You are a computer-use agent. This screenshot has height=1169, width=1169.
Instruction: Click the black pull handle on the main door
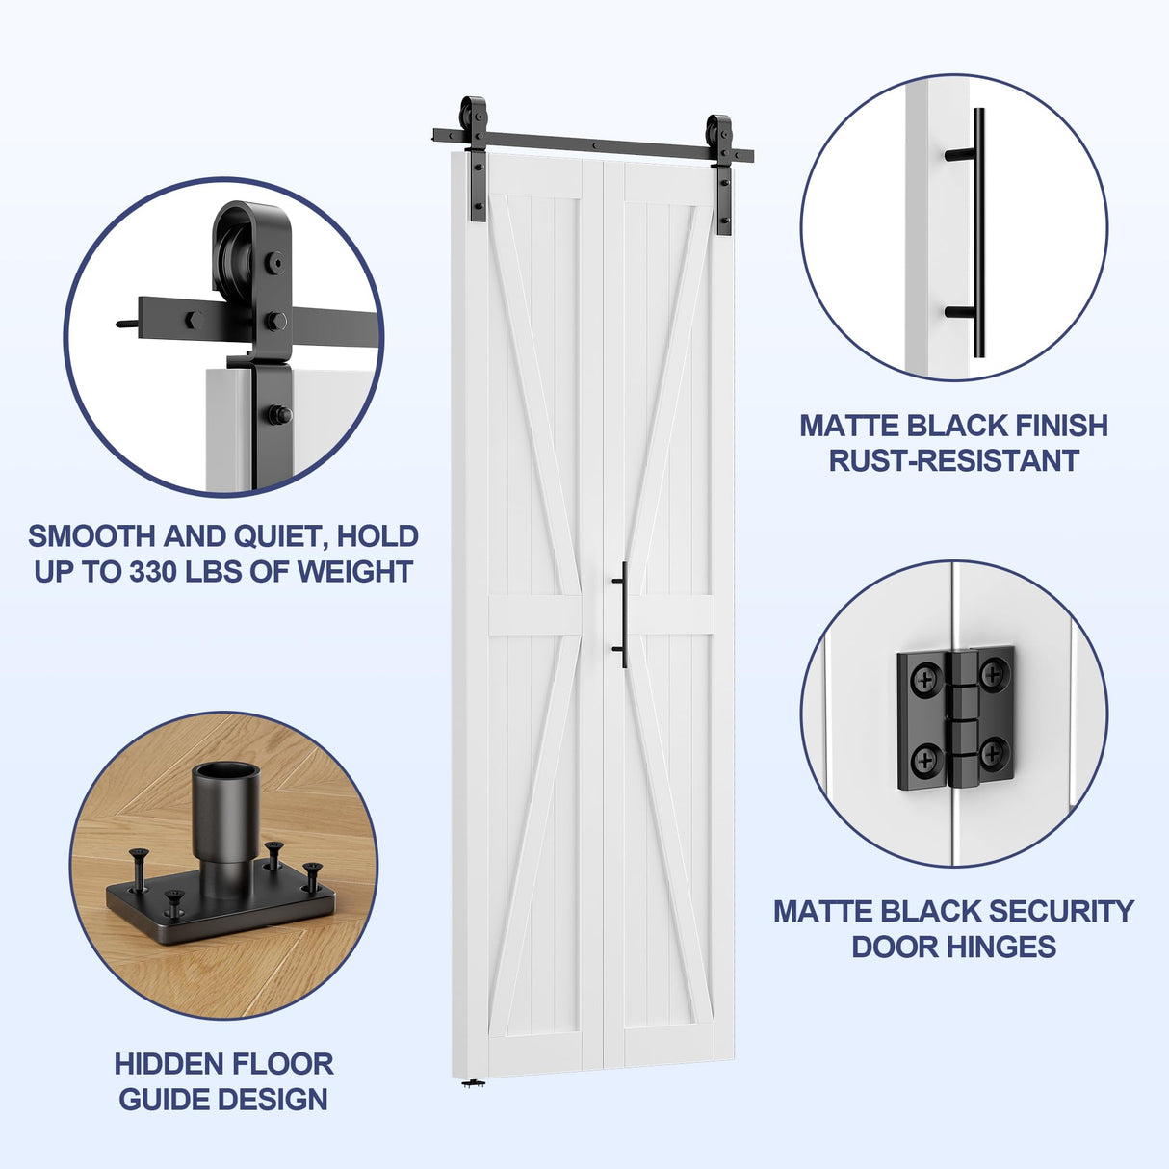pyautogui.click(x=623, y=614)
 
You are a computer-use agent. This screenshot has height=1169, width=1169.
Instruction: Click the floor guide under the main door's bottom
pyautogui.click(x=472, y=1084)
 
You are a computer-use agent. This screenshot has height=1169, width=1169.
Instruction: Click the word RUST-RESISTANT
pyautogui.click(x=953, y=460)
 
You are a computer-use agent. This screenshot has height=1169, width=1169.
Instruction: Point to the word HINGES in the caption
pyautogui.click(x=1003, y=947)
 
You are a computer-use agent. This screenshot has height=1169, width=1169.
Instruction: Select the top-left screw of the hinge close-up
pyautogui.click(x=924, y=679)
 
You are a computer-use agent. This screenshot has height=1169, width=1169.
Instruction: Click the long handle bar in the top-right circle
pyautogui.click(x=978, y=231)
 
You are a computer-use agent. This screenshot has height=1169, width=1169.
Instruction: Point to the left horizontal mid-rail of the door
pyautogui.click(x=535, y=616)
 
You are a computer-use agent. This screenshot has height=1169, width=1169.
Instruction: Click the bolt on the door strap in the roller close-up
pyautogui.click(x=280, y=415)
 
